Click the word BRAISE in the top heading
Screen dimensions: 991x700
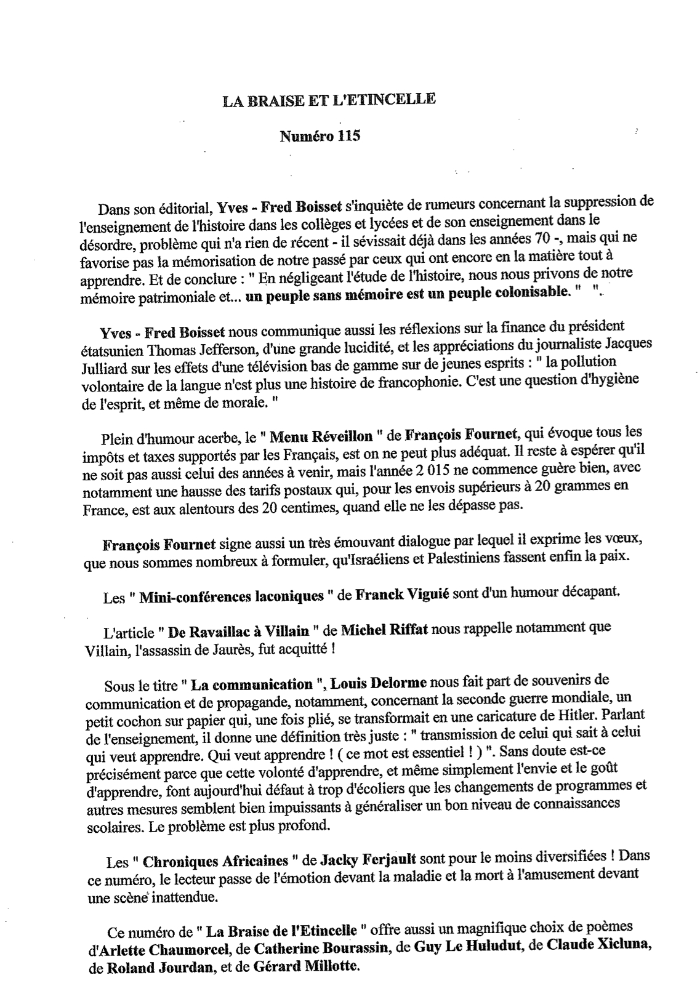coord(270,100)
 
